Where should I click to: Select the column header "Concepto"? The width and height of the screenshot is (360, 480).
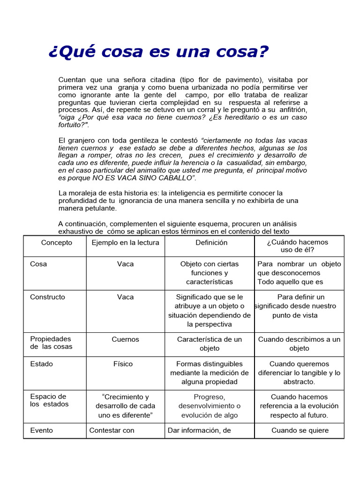pos(57,242)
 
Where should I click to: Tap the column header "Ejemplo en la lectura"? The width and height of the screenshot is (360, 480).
pos(125,242)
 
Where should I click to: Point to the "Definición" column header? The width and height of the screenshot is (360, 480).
pos(211,242)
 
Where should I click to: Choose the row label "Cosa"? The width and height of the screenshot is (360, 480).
pos(38,264)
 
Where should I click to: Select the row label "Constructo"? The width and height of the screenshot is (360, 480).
pos(47,297)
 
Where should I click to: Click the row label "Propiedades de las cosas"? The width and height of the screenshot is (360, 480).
pos(51,343)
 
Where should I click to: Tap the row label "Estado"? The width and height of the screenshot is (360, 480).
pos(41,364)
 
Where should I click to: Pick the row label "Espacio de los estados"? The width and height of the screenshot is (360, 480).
pos(49,400)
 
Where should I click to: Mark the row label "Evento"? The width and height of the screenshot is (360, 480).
pos(41,430)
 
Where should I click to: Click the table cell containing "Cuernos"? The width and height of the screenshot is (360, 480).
pos(125,339)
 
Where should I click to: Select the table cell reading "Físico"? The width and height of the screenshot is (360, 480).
pos(123,364)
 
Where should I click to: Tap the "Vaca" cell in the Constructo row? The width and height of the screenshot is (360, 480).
pos(125,297)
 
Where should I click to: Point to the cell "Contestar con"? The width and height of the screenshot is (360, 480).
pos(112,430)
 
